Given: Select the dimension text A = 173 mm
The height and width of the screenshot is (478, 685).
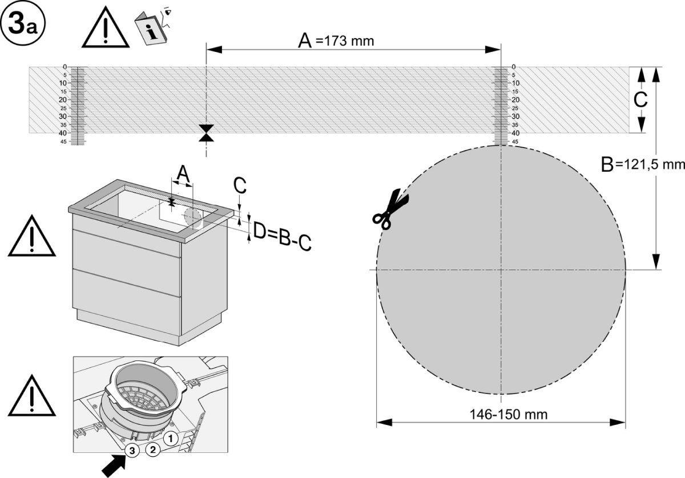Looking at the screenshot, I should point(337,41).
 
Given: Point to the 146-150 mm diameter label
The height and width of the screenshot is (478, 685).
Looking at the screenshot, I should point(501,415).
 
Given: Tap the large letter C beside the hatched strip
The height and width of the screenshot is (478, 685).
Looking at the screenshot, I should point(641,100).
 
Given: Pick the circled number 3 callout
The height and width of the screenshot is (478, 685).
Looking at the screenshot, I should point(132,451).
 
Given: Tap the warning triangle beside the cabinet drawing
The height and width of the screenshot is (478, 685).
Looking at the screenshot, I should point(32,237).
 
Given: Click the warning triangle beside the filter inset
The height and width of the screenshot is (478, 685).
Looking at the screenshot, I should point(32,398).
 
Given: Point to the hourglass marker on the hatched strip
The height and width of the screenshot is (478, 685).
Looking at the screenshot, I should point(206,133).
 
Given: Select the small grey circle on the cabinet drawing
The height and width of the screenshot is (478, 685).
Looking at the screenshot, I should point(192,216).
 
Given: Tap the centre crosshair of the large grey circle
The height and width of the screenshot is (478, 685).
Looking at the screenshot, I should point(501,269).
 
